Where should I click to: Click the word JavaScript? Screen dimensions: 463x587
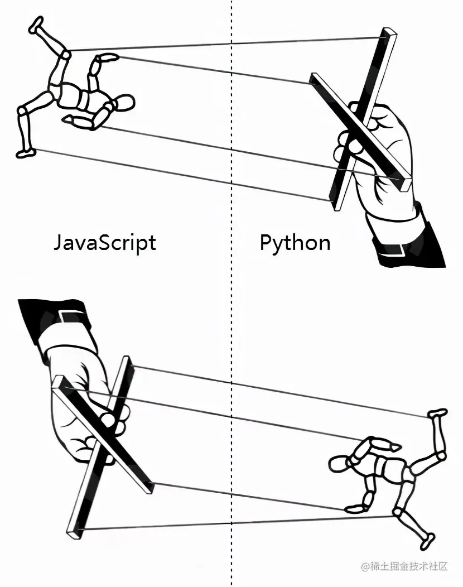(104, 243)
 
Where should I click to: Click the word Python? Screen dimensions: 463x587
(295, 243)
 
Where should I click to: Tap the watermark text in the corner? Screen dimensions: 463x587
(404, 567)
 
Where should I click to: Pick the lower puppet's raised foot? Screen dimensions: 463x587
(438, 413)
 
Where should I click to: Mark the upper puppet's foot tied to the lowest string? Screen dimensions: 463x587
(25, 152)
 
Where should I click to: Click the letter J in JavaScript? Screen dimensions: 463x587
(59, 243)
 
